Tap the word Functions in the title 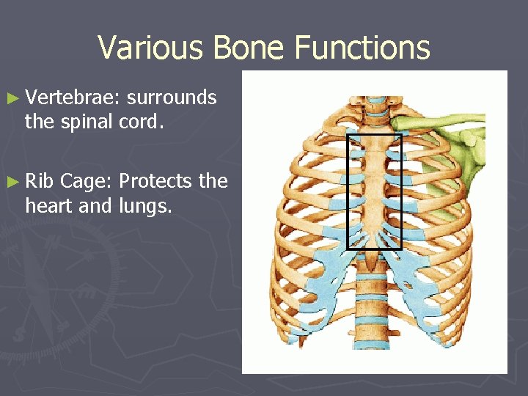point(362,48)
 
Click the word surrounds point(172,98)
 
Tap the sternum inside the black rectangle point(374,183)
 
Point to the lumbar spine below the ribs point(374,323)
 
